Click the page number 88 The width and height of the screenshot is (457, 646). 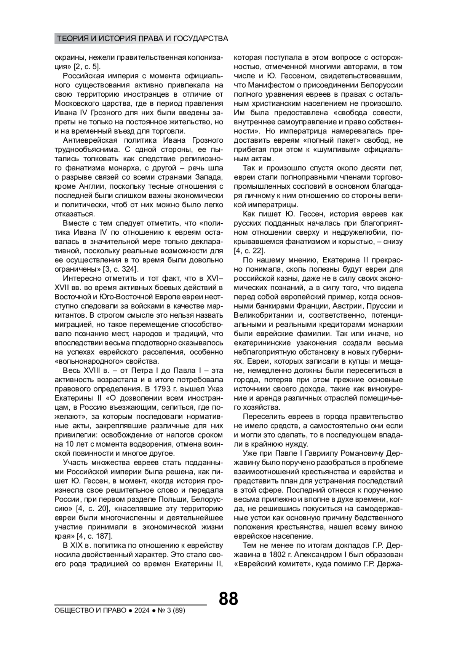point(228,598)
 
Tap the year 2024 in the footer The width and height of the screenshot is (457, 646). point(141,610)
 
